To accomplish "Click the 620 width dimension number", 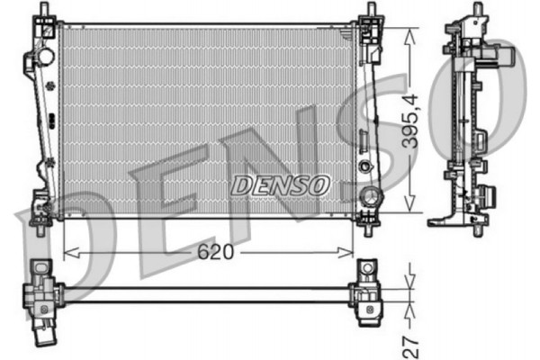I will point(217,253).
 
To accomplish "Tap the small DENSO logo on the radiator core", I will point(281,184).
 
